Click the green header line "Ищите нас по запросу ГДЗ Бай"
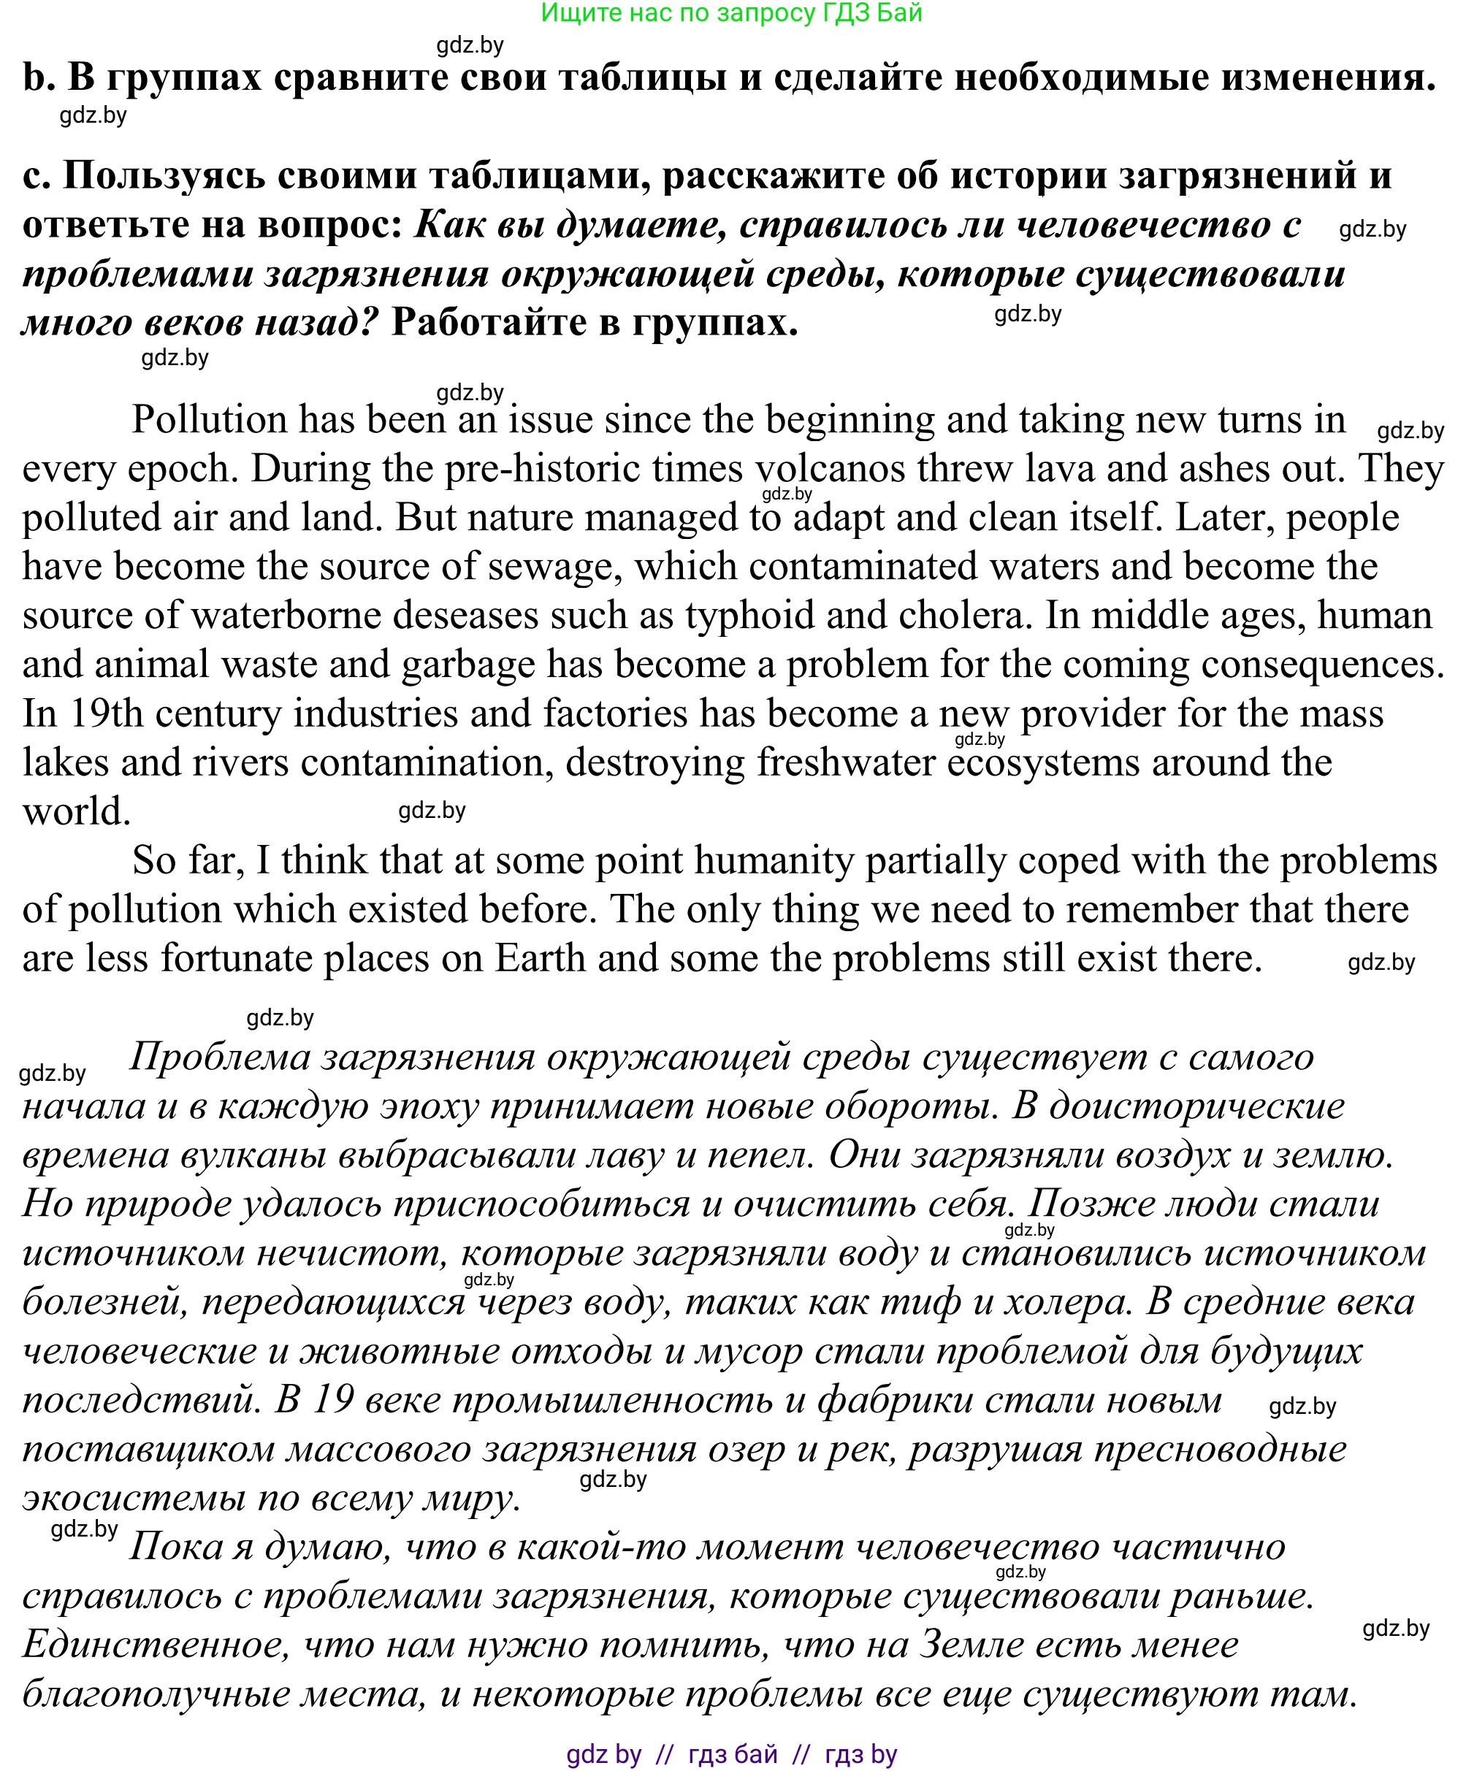click(x=731, y=12)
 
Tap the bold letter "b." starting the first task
click(x=38, y=77)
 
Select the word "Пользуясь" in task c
click(x=164, y=175)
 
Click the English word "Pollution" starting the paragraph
click(x=209, y=419)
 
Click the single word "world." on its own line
click(x=76, y=811)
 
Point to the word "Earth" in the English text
click(x=539, y=959)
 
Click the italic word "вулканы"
click(x=253, y=1155)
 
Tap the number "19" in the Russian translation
click(x=333, y=1400)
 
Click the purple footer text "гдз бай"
click(x=732, y=1754)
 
